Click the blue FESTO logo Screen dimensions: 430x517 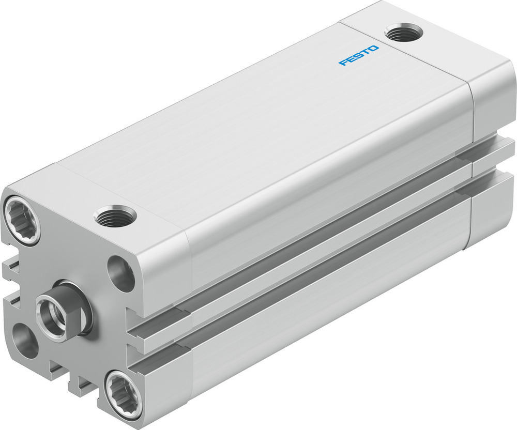pos(359,55)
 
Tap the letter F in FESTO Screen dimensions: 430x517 pos(342,63)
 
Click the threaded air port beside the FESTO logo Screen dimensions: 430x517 pos(404,33)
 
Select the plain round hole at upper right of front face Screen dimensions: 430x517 pos(121,273)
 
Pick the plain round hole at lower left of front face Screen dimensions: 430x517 pos(24,340)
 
